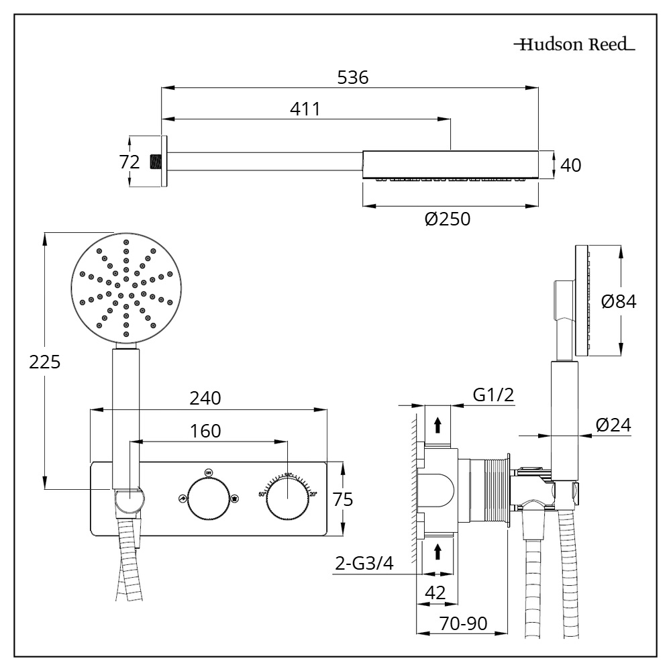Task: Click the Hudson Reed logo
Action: click(574, 46)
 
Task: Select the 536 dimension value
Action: click(352, 77)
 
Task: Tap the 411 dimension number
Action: click(305, 109)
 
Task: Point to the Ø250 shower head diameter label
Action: click(448, 219)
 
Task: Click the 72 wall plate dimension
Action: click(129, 162)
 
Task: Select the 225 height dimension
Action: click(44, 362)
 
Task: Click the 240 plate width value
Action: click(205, 398)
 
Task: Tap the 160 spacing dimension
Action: click(205, 431)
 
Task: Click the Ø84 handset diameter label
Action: click(619, 302)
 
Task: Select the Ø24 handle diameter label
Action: click(613, 425)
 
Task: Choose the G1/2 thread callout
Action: click(493, 395)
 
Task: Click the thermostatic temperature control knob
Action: click(288, 499)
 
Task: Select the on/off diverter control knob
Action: click(208, 499)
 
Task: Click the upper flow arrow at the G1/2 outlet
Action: click(437, 424)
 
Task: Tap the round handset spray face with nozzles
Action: click(125, 289)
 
